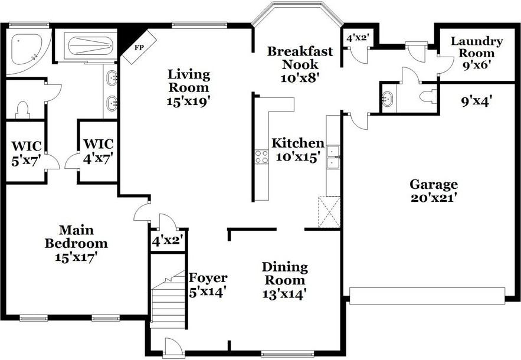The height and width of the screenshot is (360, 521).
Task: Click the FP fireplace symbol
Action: coord(140,47)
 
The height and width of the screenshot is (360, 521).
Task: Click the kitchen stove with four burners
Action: coord(261,156)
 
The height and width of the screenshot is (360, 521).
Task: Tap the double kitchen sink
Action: coord(333,156)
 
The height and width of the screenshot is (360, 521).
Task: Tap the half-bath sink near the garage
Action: coord(388,98)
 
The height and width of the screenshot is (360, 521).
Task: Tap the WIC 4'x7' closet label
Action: coord(98,150)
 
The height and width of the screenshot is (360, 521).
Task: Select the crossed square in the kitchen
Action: coord(329,212)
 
